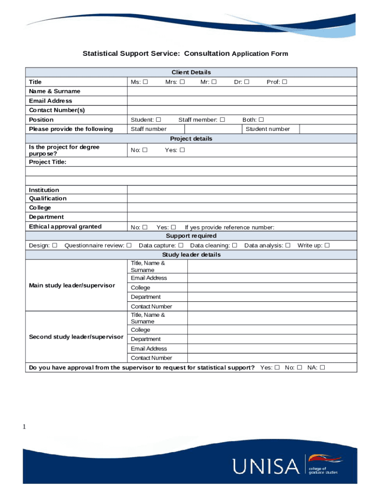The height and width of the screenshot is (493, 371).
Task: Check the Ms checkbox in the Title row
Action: pyautogui.click(x=145, y=82)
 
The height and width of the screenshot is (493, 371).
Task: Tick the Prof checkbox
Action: pyautogui.click(x=285, y=82)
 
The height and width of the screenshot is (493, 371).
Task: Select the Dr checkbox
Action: pyautogui.click(x=247, y=82)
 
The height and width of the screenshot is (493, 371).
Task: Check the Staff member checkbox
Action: pyautogui.click(x=222, y=119)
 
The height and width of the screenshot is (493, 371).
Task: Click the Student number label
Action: pyautogui.click(x=268, y=129)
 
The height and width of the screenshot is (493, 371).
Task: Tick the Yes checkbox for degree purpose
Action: pyautogui.click(x=182, y=150)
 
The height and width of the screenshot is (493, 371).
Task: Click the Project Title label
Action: pyautogui.click(x=48, y=162)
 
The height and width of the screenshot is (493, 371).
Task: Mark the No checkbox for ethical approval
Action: pyautogui.click(x=145, y=227)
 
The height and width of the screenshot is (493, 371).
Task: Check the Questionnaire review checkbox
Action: pyautogui.click(x=129, y=246)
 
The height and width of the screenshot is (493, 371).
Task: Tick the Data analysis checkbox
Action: pyautogui.click(x=288, y=246)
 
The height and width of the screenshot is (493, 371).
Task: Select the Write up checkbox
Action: pyautogui.click(x=327, y=246)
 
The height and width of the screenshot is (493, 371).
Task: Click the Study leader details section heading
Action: pyautogui.click(x=191, y=255)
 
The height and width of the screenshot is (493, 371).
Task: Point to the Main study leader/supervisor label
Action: pyautogui.click(x=72, y=285)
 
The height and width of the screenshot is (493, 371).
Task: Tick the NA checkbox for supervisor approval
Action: pyautogui.click(x=322, y=368)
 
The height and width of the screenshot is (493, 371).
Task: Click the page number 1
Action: pyautogui.click(x=24, y=427)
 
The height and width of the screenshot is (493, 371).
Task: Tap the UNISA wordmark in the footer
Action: pyautogui.click(x=265, y=466)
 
